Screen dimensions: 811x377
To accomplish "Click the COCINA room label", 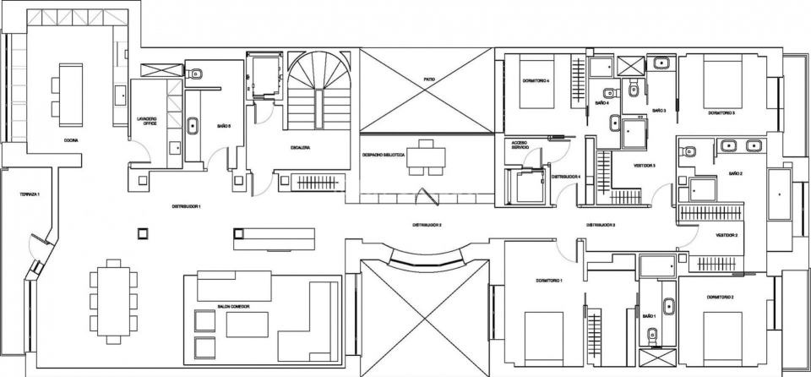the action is click(70, 140).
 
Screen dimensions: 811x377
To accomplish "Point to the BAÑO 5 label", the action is click(224, 125).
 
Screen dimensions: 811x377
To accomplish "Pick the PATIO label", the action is click(430, 79).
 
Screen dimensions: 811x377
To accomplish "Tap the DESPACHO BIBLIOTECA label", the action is click(384, 156).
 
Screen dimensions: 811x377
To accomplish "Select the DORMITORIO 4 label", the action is click(536, 81).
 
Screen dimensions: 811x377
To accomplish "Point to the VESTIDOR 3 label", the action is click(645, 166).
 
